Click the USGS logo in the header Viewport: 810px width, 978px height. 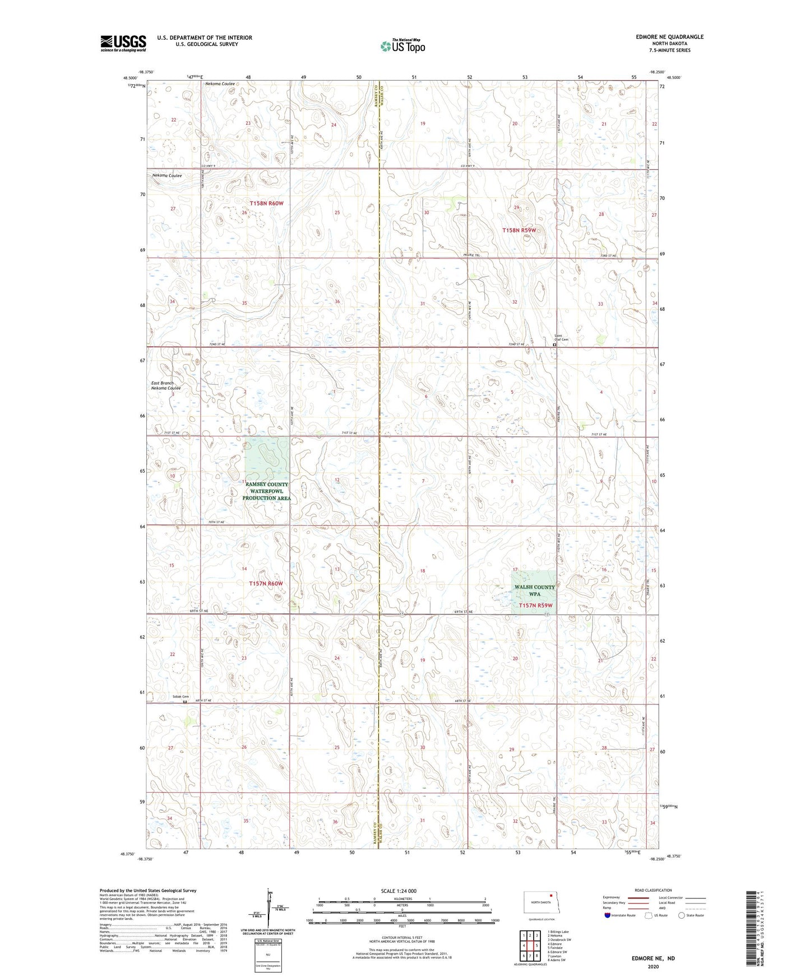tap(123, 43)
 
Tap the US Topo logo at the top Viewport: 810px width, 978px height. tap(402, 46)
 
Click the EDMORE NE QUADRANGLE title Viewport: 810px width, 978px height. tap(669, 37)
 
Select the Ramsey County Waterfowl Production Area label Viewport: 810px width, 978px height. tap(266, 491)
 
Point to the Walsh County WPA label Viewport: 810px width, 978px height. tap(534, 590)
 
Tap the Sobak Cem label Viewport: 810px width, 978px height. tap(180, 697)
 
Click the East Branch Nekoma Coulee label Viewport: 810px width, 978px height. tap(166, 385)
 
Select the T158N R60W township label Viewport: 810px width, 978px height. tap(266, 203)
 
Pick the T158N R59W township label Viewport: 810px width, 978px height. tap(519, 230)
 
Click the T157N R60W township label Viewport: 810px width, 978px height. tap(266, 584)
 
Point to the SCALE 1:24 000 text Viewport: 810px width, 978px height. tap(398, 891)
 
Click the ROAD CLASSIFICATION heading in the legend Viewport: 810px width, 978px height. tap(653, 890)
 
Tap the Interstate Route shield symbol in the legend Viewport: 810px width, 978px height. tap(608, 915)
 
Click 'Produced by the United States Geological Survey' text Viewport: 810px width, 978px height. tap(148, 890)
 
